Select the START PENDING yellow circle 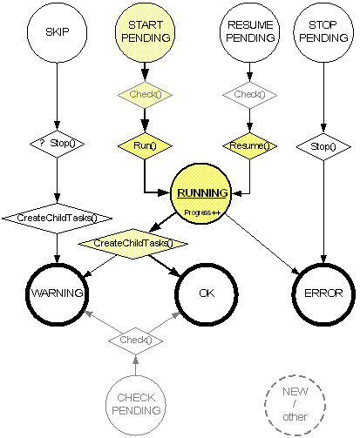click(146, 32)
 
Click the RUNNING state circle click(201, 193)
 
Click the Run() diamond click(145, 145)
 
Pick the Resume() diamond click(249, 145)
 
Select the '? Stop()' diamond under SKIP click(57, 144)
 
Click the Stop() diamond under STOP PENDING click(323, 146)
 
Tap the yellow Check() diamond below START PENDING click(145, 95)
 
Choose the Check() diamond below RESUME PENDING click(249, 95)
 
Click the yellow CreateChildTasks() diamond click(132, 244)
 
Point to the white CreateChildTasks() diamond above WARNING click(57, 219)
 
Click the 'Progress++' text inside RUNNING click(202, 212)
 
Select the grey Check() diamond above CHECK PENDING click(136, 340)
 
